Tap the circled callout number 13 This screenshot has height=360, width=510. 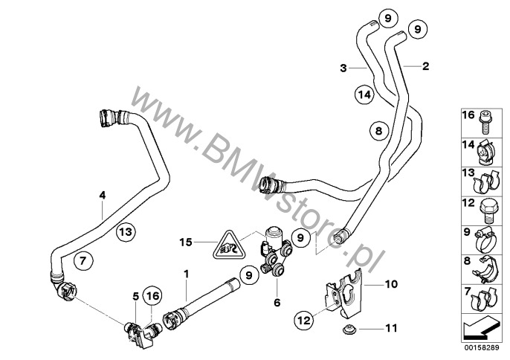pos(126,232)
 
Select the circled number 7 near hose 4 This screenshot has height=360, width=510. pos(83,261)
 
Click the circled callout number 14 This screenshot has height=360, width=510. pos(364,94)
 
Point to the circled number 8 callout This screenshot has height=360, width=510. pos(379,131)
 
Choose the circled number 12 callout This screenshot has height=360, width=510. pos(305,321)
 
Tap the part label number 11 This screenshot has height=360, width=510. pos(391,328)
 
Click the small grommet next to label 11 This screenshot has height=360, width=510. pos(350,329)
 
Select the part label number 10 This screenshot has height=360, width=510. pos(391,284)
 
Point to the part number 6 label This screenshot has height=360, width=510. pos(277,303)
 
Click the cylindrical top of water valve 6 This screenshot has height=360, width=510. pos(274,235)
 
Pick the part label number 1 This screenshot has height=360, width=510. pos(187,274)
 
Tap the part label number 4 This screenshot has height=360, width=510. pos(103,196)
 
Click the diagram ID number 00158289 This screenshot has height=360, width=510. pos(482,348)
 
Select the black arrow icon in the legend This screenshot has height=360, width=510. pos(480,327)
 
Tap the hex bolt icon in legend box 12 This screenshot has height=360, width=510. pos(486,210)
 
